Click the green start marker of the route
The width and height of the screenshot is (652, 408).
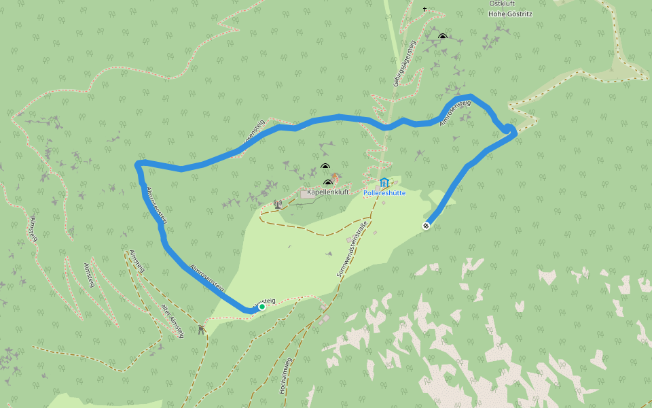click(262, 307)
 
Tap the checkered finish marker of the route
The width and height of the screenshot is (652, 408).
click(426, 226)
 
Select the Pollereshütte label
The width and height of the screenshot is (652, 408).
click(384, 192)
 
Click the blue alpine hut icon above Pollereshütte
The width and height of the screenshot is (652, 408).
click(384, 182)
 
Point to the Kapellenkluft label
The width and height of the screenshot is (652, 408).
click(328, 192)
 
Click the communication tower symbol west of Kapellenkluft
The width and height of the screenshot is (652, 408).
click(277, 203)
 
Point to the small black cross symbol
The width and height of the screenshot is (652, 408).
click(425, 10)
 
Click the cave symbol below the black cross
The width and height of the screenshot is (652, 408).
click(443, 36)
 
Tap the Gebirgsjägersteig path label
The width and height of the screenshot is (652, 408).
click(403, 65)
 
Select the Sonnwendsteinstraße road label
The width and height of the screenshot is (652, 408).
click(352, 248)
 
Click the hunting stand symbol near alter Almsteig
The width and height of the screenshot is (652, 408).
click(201, 329)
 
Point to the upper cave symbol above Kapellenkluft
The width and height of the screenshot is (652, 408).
click(325, 167)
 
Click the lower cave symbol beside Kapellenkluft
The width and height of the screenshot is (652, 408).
click(328, 182)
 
